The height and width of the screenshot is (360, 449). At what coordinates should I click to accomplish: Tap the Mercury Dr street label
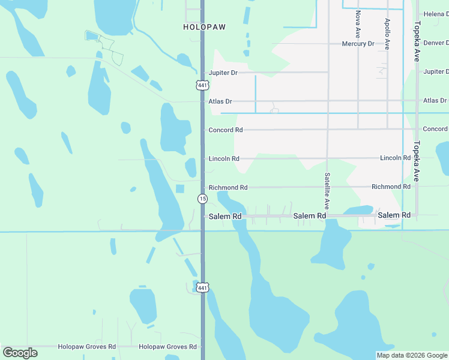[358, 44]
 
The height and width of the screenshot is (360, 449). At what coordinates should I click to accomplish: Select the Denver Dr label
[436, 43]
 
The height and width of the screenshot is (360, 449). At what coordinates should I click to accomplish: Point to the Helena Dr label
[436, 14]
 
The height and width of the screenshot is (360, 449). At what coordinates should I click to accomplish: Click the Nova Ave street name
[358, 24]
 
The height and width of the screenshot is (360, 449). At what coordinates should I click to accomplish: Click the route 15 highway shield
[202, 199]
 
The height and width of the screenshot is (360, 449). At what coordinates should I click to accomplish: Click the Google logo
[20, 353]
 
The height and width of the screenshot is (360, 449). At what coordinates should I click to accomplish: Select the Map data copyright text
[412, 355]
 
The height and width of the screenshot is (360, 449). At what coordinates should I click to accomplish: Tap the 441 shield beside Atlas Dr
[202, 85]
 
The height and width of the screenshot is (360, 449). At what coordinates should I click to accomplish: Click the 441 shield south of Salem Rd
[202, 288]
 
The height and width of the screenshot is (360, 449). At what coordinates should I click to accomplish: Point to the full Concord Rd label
[225, 130]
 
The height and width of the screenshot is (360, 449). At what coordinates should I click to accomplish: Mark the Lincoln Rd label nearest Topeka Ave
[395, 158]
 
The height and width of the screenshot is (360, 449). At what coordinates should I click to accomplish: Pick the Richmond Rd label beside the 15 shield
[228, 188]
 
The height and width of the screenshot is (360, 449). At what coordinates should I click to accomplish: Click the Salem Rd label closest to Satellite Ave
[309, 215]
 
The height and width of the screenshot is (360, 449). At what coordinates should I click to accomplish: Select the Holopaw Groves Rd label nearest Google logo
[86, 347]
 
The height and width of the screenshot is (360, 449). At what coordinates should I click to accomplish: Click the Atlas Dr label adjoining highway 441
[220, 101]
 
